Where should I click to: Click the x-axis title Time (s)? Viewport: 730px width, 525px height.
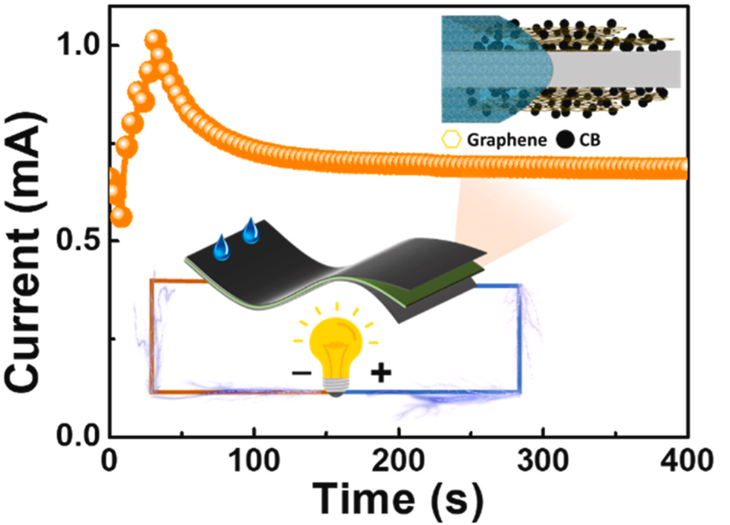[x=397, y=492]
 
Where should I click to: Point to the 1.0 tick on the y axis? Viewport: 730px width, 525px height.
[x=81, y=45]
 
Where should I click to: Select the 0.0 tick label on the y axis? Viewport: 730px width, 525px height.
[x=81, y=434]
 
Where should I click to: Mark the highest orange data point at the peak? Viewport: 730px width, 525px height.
[x=154, y=39]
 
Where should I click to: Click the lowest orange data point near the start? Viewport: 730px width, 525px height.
[x=122, y=217]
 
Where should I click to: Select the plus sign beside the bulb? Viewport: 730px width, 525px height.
[x=380, y=371]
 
